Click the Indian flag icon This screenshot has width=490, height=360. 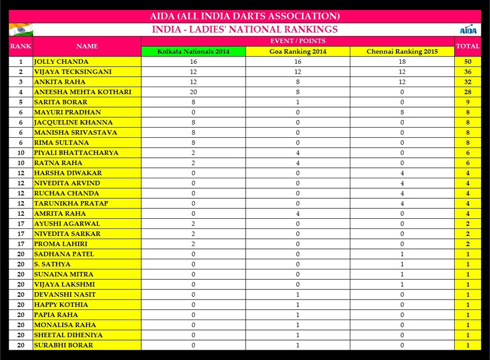click(x=21, y=29)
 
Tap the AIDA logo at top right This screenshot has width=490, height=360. click(x=467, y=30)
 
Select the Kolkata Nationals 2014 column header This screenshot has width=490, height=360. click(x=194, y=51)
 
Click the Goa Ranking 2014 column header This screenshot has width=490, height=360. click(x=297, y=51)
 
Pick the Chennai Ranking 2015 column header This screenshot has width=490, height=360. click(x=402, y=51)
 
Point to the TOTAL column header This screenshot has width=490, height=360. click(x=467, y=46)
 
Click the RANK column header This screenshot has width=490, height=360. click(x=21, y=46)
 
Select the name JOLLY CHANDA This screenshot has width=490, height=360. click(x=62, y=62)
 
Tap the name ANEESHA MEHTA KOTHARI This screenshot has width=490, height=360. click(x=83, y=92)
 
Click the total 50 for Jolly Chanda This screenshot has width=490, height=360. click(x=467, y=62)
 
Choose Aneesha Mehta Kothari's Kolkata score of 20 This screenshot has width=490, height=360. click(x=194, y=92)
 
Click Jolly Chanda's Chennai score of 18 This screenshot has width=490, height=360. click(x=402, y=62)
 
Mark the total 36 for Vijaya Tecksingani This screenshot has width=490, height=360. click(x=467, y=72)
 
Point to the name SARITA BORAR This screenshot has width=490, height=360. click(x=61, y=102)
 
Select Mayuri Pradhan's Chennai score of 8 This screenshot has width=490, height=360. click(x=402, y=112)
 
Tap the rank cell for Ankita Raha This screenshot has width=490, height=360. click(x=21, y=82)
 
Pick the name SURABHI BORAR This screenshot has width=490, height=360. click(x=63, y=345)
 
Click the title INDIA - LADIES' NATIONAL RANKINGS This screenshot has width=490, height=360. click(x=245, y=30)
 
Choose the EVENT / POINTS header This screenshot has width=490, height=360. click(x=297, y=41)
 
